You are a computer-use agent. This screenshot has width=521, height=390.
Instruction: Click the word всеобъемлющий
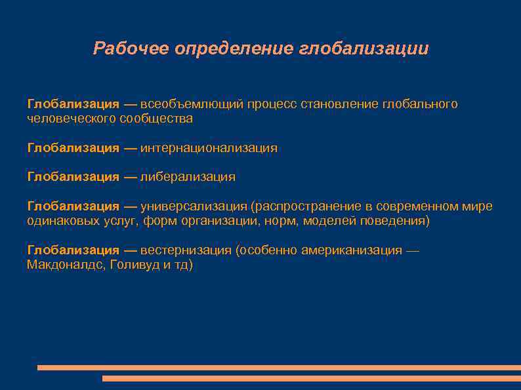192,104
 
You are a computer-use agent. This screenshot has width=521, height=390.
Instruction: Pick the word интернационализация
209,148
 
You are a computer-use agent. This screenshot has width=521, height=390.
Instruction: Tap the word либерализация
188,177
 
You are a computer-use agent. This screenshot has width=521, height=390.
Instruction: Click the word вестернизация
186,250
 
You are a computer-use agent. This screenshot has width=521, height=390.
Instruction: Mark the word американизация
354,250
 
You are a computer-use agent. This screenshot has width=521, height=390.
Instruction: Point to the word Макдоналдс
64,265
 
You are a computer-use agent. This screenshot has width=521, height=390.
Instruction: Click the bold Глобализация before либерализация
73,177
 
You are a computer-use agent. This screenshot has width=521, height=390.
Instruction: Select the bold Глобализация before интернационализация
73,148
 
